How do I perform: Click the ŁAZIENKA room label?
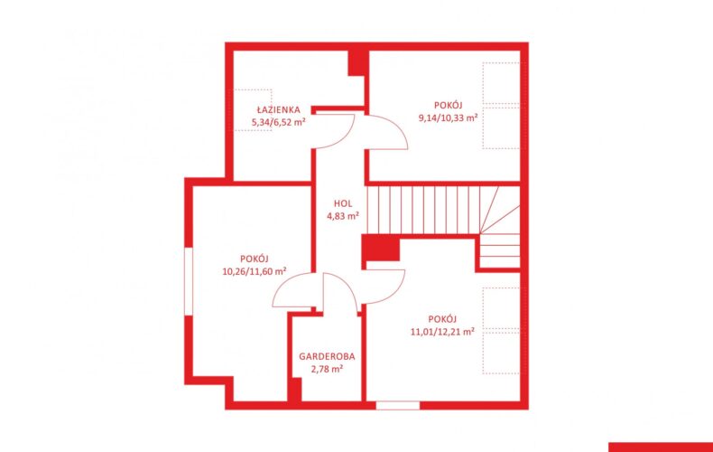[x=278, y=109]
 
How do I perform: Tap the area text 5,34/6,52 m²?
[x=278, y=122]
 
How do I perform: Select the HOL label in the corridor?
[x=343, y=203]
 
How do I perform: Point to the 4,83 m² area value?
[x=343, y=216]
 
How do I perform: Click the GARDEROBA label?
[x=327, y=357]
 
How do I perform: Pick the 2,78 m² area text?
[x=327, y=369]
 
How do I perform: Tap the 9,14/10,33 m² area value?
[x=448, y=118]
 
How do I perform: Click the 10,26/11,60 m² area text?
[x=255, y=271]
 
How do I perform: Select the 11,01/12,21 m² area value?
[x=442, y=332]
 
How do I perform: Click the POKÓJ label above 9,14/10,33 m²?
[x=448, y=106]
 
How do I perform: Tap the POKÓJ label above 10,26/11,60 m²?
[x=255, y=259]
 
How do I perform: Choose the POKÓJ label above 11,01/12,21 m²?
[x=442, y=319]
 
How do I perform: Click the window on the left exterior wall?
[x=189, y=281]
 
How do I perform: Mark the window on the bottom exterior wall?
[x=397, y=406]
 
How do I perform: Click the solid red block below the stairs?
[x=381, y=248]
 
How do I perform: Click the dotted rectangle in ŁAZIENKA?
[x=253, y=110]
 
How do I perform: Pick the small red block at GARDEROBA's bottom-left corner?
[x=295, y=390]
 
